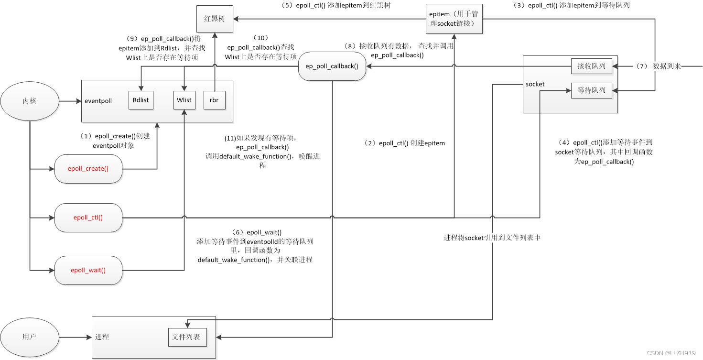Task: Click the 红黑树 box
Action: click(x=214, y=19)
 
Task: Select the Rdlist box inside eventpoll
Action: click(x=141, y=99)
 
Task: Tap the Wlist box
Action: click(x=184, y=99)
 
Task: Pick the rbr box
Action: click(x=214, y=99)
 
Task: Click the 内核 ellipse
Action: click(x=30, y=101)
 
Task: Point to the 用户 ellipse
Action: click(x=30, y=337)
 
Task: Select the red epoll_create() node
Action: click(x=88, y=168)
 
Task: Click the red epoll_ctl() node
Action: click(x=88, y=218)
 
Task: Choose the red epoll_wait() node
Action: click(x=88, y=270)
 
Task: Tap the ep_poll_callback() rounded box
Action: click(x=332, y=66)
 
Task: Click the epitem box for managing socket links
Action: click(x=454, y=19)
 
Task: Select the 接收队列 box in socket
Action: click(x=591, y=66)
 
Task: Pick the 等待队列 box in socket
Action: click(x=591, y=90)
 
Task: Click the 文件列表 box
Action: click(x=187, y=337)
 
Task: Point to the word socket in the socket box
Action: click(x=535, y=84)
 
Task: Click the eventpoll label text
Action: click(x=98, y=101)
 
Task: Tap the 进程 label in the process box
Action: click(x=102, y=337)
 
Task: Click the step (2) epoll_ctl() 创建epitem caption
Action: click(x=404, y=143)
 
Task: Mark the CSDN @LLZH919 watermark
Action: click(x=671, y=353)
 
